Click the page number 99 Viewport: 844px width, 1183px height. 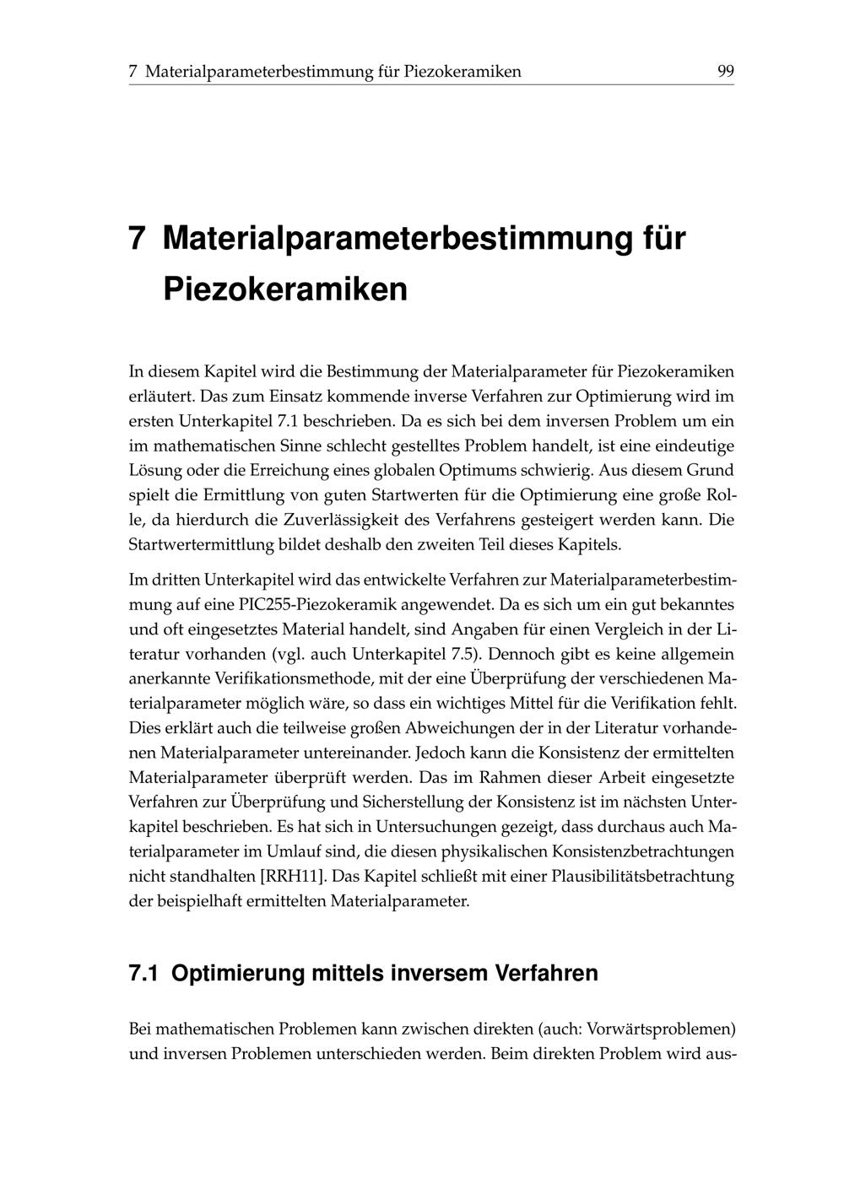725,72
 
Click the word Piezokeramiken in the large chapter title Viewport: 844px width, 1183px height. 285,289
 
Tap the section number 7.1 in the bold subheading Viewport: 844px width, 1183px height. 144,973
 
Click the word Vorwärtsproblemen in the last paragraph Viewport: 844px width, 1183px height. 660,1029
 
